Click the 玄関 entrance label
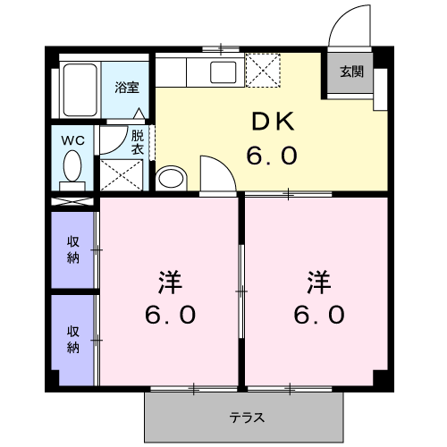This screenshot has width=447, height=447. tap(350, 72)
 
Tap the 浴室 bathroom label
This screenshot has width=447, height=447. tap(126, 88)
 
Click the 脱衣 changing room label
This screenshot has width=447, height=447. tap(138, 143)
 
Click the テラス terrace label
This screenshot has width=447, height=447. tap(246, 417)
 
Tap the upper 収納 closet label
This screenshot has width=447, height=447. tap(72, 249)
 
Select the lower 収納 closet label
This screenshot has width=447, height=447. tap(72, 339)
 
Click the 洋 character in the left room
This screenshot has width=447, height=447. tap(170, 284)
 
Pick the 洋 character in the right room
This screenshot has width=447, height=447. tap(318, 284)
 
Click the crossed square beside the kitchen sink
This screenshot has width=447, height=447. tap(263, 68)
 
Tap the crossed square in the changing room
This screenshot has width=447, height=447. tap(121, 173)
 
